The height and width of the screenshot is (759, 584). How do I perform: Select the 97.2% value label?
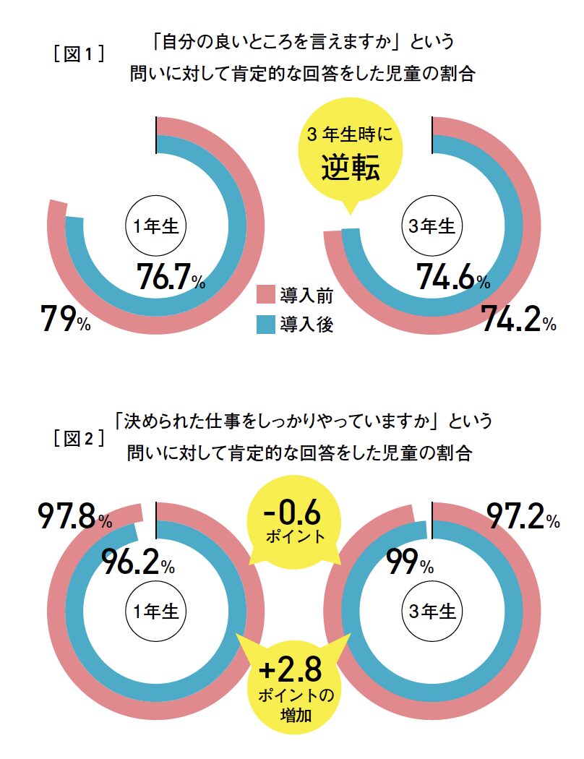coord(523,518)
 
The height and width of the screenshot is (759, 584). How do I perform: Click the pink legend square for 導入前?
coord(267,295)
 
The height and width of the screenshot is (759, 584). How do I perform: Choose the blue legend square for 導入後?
coord(267,325)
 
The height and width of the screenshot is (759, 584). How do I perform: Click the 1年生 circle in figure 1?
coord(156,226)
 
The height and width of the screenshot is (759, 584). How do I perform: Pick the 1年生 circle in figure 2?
coord(156,611)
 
